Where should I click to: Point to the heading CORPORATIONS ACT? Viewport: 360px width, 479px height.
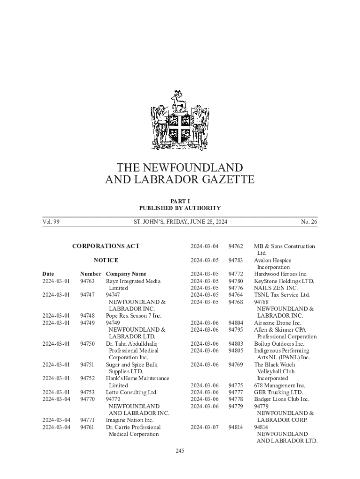[x=106, y=246]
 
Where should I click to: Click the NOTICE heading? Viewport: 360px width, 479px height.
[x=106, y=260]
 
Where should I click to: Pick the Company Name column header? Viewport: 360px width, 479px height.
[x=126, y=274]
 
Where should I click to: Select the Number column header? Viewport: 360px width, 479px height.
[x=91, y=274]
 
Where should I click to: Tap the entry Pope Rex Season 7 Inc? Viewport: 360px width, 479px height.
[x=133, y=316]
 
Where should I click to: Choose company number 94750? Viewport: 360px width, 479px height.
[x=87, y=344]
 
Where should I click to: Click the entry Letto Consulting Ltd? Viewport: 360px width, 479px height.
[x=131, y=392]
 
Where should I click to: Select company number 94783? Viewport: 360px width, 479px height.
[x=236, y=260]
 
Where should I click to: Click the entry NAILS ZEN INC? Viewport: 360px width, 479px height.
[x=275, y=288]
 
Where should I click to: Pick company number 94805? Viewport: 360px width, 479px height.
[x=236, y=350]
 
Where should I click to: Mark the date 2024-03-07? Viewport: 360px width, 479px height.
[x=204, y=427]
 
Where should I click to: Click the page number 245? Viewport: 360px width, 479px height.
[x=180, y=451]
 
